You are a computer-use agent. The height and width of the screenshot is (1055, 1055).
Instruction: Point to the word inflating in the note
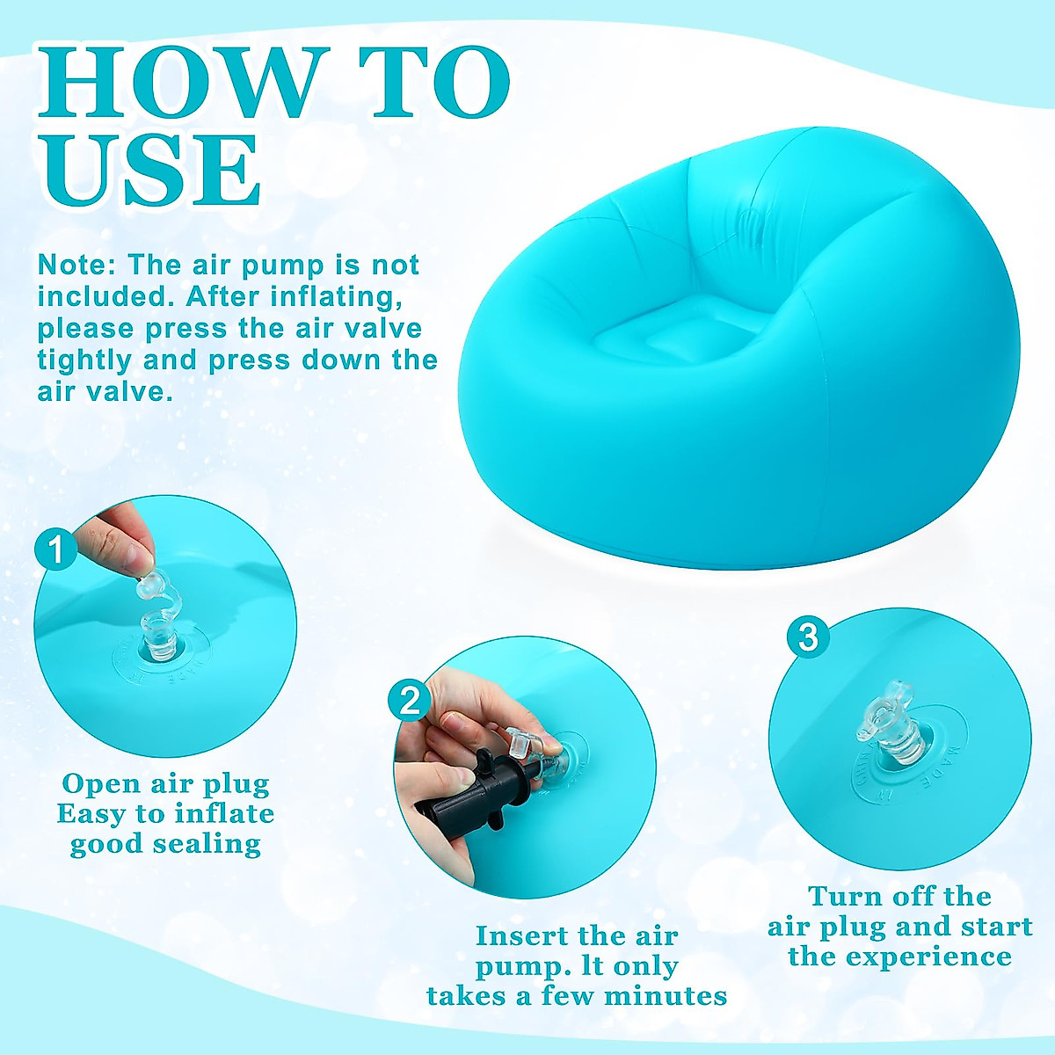pos(336,296)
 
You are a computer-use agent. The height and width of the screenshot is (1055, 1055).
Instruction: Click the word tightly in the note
pos(84,360)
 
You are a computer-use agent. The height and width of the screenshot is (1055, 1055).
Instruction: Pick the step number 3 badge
pos(808,637)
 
